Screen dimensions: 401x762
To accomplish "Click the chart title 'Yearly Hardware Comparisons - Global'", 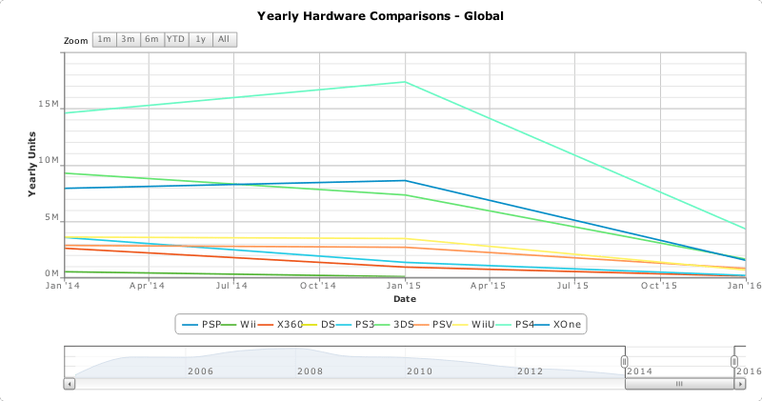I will (380, 16).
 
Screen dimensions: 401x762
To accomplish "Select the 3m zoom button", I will (128, 39).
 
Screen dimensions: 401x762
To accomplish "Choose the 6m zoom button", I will (151, 39).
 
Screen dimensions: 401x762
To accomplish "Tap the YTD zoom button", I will (176, 39).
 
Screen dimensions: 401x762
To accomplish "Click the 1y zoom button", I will (200, 39).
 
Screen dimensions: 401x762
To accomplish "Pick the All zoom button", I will (224, 39).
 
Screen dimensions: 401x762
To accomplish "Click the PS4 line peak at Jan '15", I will (406, 82).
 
